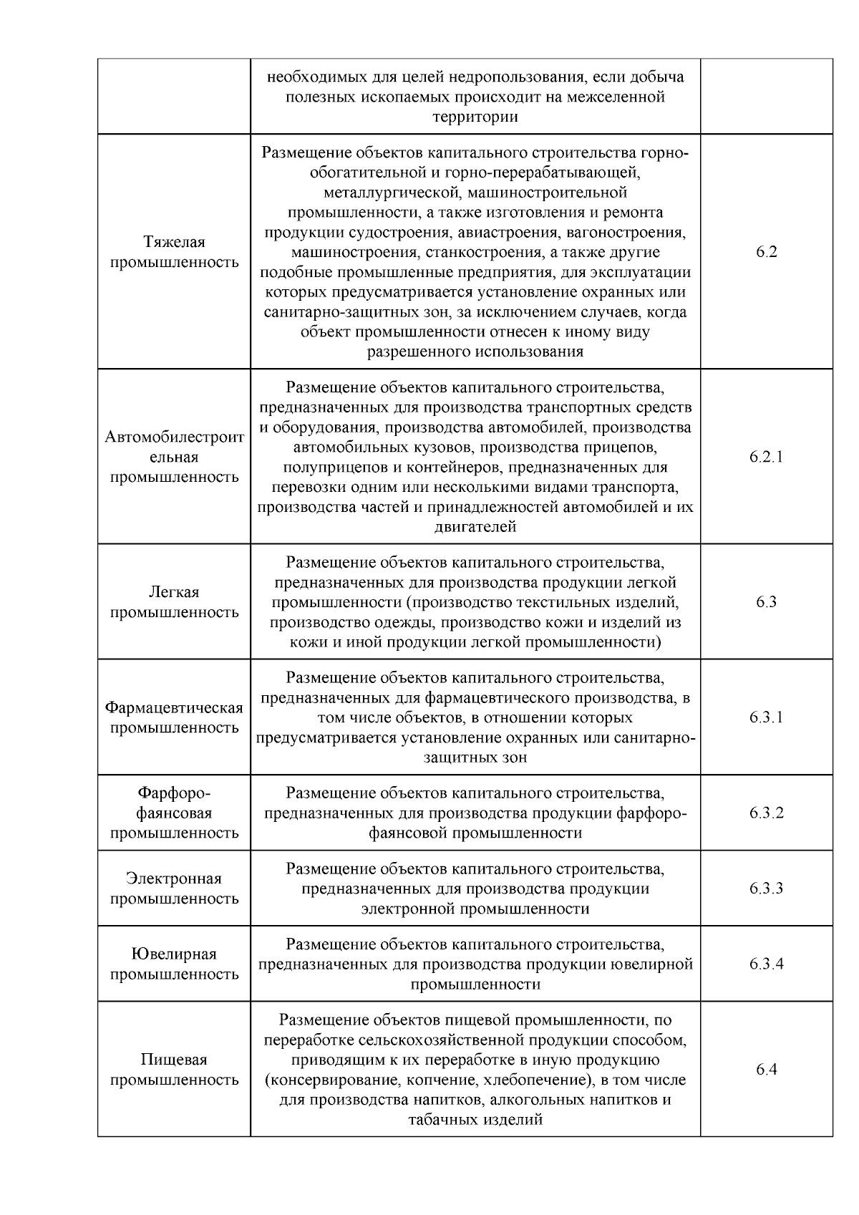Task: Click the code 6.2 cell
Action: click(766, 252)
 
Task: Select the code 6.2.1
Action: click(766, 457)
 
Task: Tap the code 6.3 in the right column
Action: click(766, 602)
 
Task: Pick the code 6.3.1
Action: click(766, 717)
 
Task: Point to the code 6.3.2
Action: click(766, 813)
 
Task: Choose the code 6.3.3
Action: click(766, 889)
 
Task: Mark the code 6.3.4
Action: click(766, 964)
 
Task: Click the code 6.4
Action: click(766, 1070)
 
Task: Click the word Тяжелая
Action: click(174, 242)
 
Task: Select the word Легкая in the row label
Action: click(174, 592)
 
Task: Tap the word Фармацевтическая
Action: click(174, 707)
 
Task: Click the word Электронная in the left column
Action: click(174, 878)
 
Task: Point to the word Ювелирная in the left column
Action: click(174, 954)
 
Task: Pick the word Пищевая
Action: click(174, 1060)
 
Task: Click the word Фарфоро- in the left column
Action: click(174, 793)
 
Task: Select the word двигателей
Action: click(475, 528)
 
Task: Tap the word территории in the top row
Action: click(475, 117)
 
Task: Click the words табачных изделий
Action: click(475, 1120)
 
